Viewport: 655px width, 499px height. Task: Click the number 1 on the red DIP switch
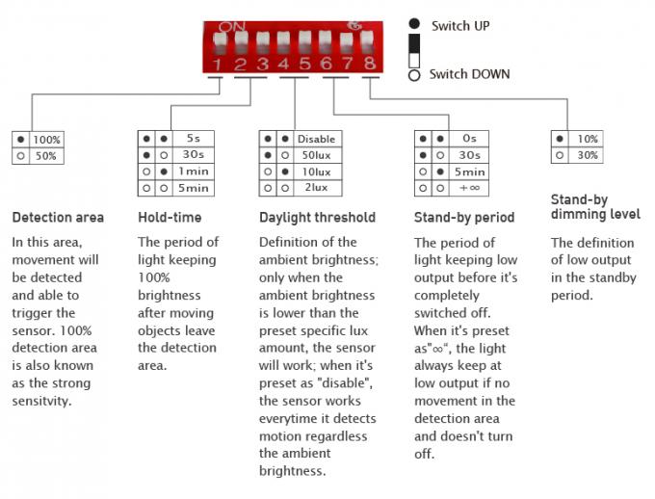218,65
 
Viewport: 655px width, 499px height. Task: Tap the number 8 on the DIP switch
369,64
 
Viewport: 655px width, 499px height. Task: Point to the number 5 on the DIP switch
305,64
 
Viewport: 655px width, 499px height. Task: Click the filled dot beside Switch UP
414,24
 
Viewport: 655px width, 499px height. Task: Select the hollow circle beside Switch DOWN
414,75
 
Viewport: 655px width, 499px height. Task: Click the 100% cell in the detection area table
47,140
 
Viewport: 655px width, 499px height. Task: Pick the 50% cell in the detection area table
46,156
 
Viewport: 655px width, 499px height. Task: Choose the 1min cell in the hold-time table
194,171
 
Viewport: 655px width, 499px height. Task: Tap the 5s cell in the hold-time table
194,139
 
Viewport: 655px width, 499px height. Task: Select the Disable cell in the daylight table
317,139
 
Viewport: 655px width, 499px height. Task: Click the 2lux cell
317,188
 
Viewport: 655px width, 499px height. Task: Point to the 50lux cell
317,155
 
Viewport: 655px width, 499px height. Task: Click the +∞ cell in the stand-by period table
469,188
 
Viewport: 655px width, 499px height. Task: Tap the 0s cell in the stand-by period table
469,139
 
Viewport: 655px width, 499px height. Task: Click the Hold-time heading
170,218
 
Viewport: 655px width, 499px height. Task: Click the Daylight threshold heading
318,218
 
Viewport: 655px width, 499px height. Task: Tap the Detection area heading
58,218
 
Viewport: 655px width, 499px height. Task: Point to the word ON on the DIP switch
232,27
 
